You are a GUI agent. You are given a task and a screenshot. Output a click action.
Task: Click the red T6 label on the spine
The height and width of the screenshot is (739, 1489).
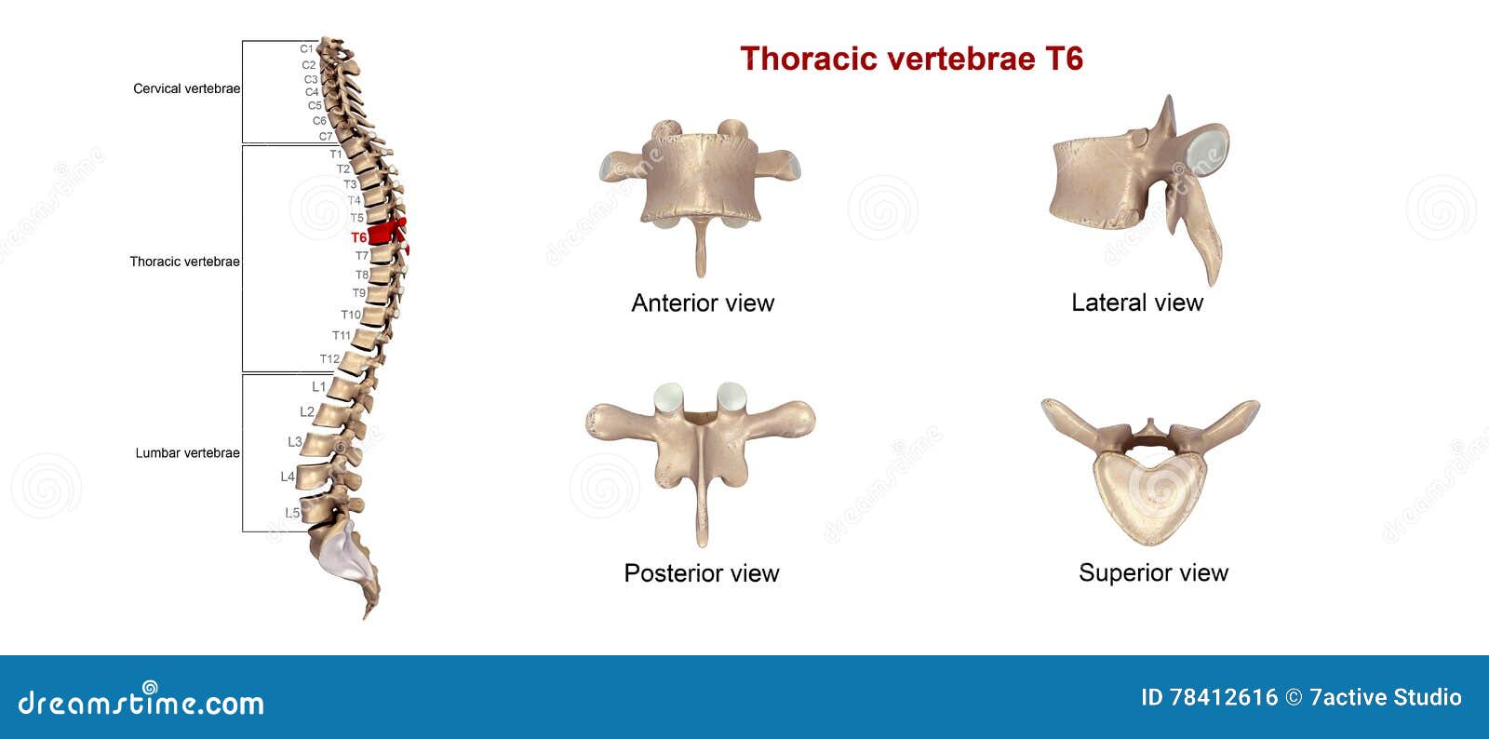pos(358,237)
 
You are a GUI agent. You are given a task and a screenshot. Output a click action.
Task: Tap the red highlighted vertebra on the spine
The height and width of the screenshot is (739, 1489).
pos(382,234)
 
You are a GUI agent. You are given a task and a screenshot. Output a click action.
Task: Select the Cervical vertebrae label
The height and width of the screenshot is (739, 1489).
pos(186,88)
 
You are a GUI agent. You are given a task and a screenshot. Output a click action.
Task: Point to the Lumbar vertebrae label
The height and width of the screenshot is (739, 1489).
pos(187,453)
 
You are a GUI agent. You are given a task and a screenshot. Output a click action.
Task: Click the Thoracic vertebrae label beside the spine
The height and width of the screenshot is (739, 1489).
pos(184,262)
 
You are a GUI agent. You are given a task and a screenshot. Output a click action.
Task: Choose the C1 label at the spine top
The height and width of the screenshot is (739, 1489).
pos(306,48)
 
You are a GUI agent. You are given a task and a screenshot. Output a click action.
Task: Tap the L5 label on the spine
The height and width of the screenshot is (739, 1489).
pos(292,513)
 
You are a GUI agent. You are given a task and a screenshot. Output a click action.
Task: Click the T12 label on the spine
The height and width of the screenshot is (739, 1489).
pos(329,359)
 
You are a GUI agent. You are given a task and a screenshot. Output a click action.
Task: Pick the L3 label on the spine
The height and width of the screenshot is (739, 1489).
pos(294,442)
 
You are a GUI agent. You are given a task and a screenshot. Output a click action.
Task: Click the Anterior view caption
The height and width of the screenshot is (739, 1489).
pos(703,302)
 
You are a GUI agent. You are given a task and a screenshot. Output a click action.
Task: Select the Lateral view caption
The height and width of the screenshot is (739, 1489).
pos(1136,302)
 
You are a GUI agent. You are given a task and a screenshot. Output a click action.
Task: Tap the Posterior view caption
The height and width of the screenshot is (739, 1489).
pos(701,573)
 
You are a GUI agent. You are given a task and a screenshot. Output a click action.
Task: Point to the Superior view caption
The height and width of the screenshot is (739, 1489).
pos(1153,573)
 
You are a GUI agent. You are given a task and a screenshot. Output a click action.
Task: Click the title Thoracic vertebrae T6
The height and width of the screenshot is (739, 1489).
pos(911,59)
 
